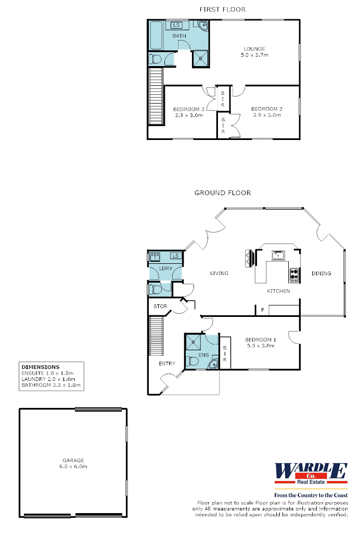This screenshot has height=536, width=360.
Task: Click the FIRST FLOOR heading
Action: [223, 9]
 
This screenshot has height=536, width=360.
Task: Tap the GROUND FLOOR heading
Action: [223, 193]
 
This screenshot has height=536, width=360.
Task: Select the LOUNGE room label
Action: [254, 49]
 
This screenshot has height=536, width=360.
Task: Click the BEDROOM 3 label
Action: [189, 109]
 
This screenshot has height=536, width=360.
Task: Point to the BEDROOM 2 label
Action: [267, 109]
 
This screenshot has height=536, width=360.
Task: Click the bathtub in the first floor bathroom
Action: [156, 35]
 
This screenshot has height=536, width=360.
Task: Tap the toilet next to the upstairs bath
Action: [155, 59]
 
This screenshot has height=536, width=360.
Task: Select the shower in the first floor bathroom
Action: [201, 58]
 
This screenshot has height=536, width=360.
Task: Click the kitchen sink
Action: [278, 255]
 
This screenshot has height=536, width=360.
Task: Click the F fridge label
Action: [263, 310]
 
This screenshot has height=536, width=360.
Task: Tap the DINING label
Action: [322, 274]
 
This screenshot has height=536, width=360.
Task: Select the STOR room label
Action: [160, 307]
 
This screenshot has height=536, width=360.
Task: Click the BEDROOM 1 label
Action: [261, 339]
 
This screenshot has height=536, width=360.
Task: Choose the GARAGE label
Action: [73, 461]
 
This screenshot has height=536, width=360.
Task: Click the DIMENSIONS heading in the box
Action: [41, 367]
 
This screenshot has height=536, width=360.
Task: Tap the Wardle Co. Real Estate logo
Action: [311, 474]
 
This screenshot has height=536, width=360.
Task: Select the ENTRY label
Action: [167, 363]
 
